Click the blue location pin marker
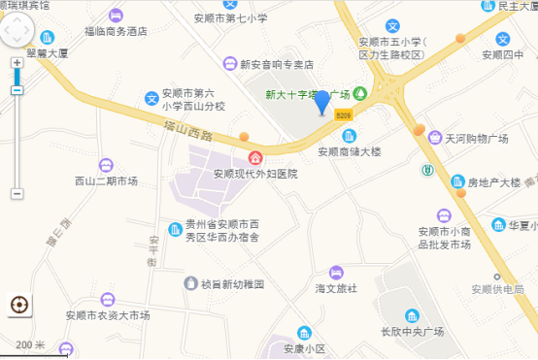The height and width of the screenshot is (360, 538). coord(322,98)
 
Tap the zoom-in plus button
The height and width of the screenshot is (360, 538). coord(17,63)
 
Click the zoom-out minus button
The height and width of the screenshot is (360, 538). coord(17,90)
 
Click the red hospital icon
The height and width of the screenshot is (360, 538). coord(255,158)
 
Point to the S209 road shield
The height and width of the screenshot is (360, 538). coord(344,115)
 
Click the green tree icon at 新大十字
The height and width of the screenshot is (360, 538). coord(360,93)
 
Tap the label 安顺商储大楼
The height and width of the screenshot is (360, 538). coord(350,151)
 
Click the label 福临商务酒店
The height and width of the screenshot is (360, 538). coord(116,31)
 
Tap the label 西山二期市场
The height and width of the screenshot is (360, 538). coord(106,181)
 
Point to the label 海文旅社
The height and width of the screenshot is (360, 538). coord(336,288)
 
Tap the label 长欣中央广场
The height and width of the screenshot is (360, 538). coord(412,332)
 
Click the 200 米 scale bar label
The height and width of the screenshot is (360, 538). coord(31,344)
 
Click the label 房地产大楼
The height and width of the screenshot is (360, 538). coord(493,181)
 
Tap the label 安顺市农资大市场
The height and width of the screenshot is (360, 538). coord(108,315)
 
